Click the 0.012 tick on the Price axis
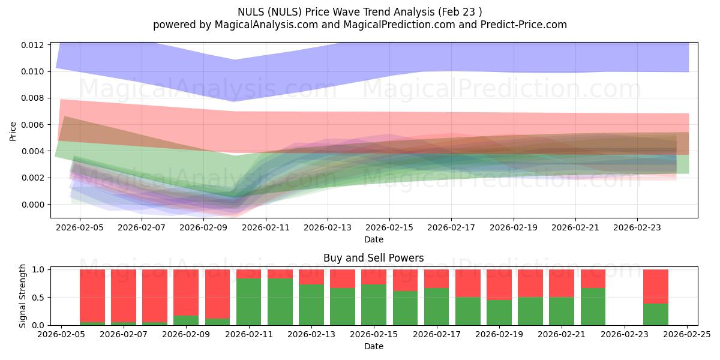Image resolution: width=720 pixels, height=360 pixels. (34, 45)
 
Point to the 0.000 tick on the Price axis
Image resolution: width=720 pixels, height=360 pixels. (34, 205)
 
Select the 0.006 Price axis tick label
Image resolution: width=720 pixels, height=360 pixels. (34, 125)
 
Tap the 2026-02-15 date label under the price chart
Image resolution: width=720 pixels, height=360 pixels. (389, 228)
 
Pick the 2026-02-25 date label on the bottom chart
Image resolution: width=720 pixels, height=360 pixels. (686, 335)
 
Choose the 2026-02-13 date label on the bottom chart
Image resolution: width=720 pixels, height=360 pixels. (311, 335)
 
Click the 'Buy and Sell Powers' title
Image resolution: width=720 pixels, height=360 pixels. (373, 258)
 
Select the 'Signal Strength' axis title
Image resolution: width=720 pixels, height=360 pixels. (23, 296)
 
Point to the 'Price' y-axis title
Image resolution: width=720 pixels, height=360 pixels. (13, 131)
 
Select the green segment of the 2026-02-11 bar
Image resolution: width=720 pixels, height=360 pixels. (249, 302)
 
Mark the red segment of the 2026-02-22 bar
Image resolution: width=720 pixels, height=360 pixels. (593, 278)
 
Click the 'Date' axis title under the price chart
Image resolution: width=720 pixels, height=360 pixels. (373, 239)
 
